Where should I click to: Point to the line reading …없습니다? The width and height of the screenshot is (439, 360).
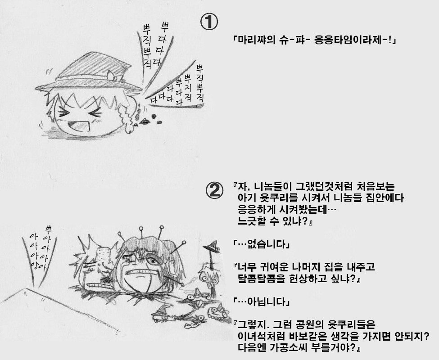click(261, 244)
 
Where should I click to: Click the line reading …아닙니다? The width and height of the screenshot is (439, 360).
click(261, 301)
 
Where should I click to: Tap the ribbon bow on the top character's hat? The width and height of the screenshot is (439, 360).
click(113, 75)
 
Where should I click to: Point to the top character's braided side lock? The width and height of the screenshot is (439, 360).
click(128, 116)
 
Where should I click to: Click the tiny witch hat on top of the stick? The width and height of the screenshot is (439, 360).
click(211, 247)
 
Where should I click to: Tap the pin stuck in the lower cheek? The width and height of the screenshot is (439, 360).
click(174, 280)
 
